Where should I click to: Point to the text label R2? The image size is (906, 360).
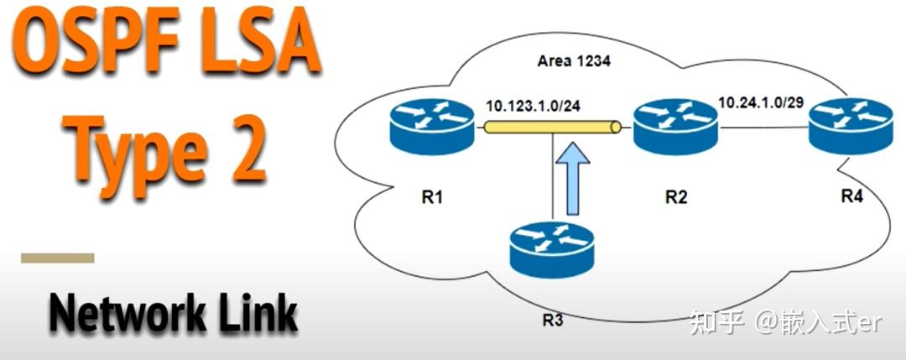(x=676, y=199)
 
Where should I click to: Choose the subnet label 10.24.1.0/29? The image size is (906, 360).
(x=762, y=102)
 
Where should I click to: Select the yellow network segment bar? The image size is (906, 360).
(x=550, y=128)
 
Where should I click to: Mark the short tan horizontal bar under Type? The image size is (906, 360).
(x=58, y=258)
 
